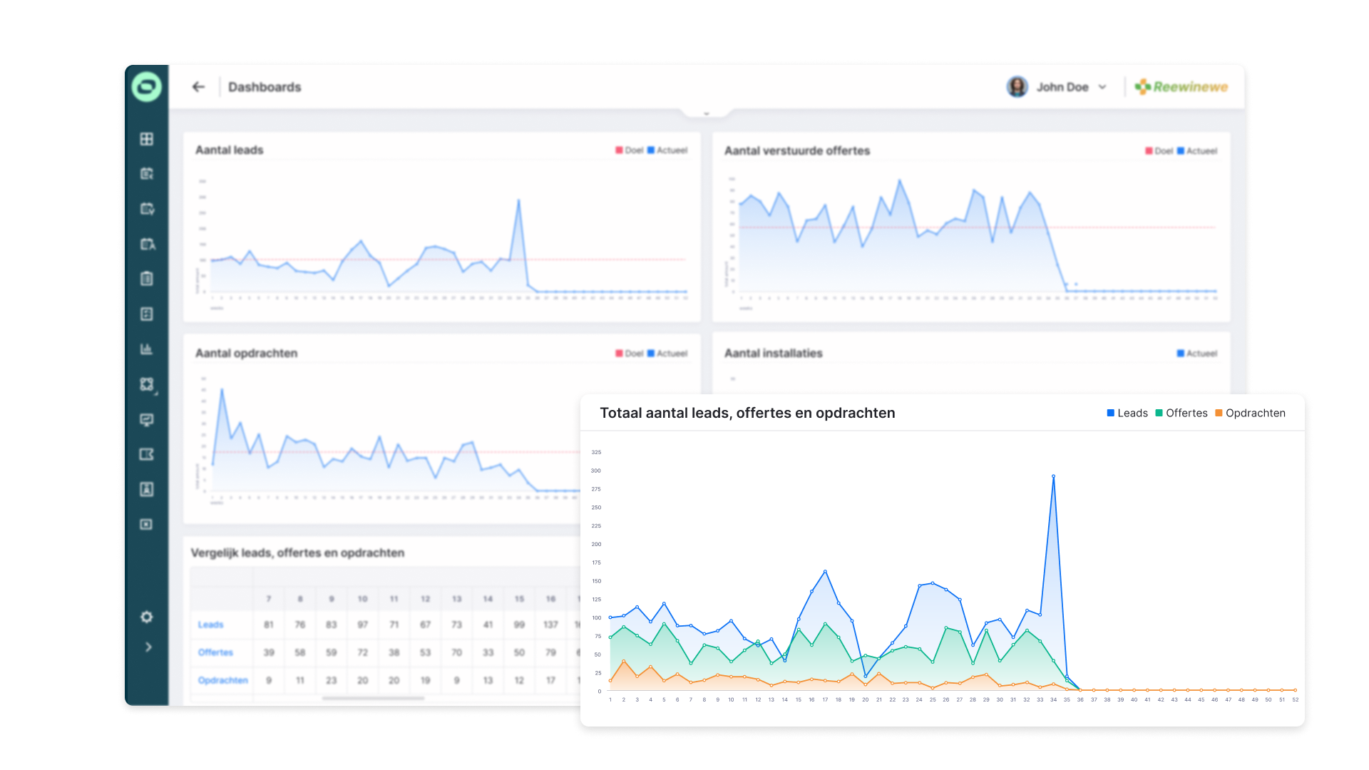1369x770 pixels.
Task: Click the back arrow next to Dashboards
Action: click(198, 87)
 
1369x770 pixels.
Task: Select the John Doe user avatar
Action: click(1017, 87)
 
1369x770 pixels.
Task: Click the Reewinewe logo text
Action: click(1190, 87)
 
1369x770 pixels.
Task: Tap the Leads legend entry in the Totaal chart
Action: click(1127, 414)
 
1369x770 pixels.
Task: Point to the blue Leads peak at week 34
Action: click(1053, 476)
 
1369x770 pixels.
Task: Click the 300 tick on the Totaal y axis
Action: click(596, 471)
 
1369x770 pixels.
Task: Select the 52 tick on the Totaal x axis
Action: click(1295, 700)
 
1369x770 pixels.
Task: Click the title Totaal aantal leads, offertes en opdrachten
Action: click(747, 414)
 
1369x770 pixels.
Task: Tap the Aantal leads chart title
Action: click(230, 150)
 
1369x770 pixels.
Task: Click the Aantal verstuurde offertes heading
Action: click(797, 151)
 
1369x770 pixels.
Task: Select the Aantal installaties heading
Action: click(774, 354)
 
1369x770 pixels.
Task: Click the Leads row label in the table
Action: click(211, 625)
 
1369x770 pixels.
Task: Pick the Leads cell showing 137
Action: click(550, 625)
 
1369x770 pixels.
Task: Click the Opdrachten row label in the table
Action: click(223, 681)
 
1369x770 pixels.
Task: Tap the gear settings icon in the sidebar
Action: click(147, 617)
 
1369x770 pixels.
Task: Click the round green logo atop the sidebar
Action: click(147, 87)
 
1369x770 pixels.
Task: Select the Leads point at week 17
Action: click(825, 572)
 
